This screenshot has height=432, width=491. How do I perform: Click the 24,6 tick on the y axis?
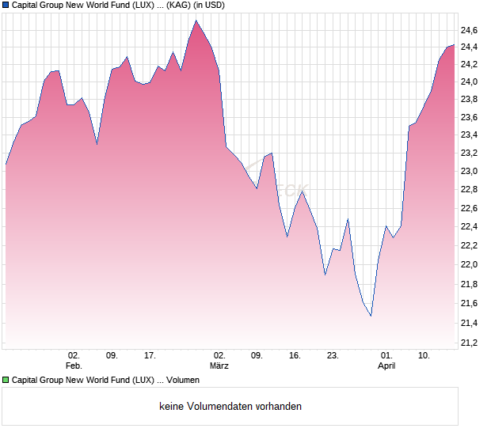coord(470,31)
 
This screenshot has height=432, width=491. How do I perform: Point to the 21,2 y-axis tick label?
coord(470,343)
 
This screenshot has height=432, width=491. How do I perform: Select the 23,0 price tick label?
coord(470,172)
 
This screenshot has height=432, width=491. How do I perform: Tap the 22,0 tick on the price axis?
coord(470,265)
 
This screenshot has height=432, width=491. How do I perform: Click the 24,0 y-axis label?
coord(470,82)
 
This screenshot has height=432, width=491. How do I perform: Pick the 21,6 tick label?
coord(470,304)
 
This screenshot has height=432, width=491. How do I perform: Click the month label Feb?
coord(74,366)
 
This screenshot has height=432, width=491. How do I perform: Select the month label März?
coord(219,366)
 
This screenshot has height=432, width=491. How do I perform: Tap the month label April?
coord(386,366)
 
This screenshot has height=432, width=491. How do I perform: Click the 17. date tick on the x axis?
coord(150,356)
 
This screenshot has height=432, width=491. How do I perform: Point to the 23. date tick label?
coord(333,356)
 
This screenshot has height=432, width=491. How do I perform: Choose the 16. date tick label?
coord(295,356)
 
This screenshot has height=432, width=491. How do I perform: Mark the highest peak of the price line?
coord(196,21)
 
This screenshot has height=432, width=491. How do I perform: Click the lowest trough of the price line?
coord(371,316)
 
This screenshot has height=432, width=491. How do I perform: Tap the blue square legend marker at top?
coord(6,5)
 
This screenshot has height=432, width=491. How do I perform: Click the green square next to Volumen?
coord(6,381)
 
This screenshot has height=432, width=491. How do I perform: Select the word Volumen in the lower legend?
coord(183,381)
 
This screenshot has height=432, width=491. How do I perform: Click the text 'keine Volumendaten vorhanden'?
coord(230,407)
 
